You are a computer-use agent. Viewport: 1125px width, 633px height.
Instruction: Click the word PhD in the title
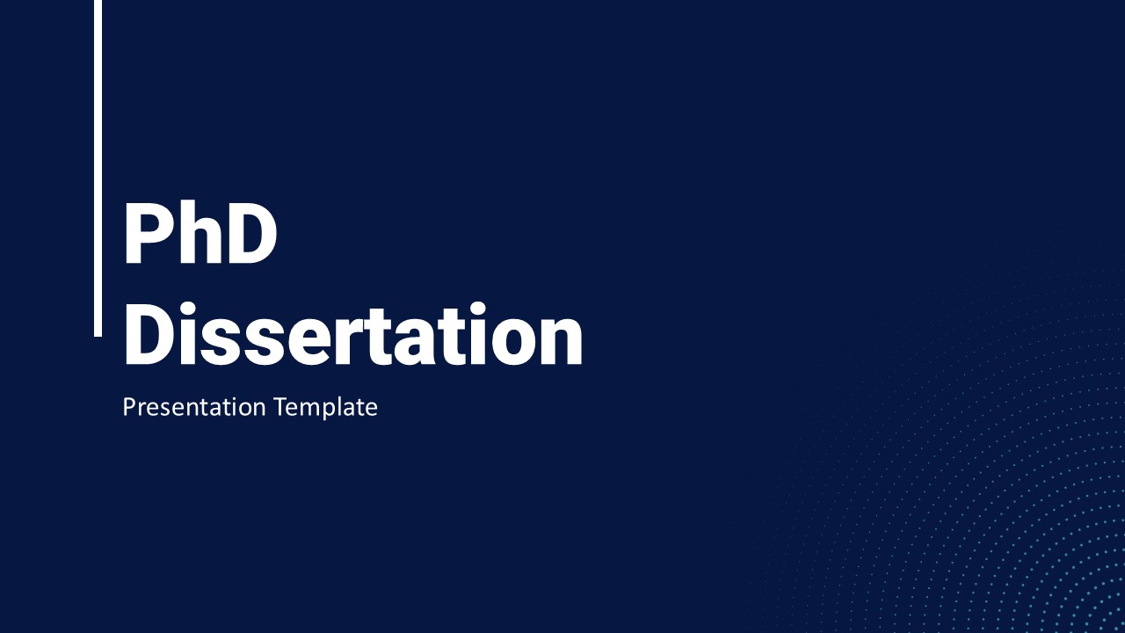pyautogui.click(x=200, y=233)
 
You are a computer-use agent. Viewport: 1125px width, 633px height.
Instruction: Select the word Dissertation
pyautogui.click(x=353, y=333)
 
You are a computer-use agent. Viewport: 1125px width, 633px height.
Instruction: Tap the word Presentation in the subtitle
pyautogui.click(x=194, y=407)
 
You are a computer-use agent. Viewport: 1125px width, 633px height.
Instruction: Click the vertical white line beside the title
pyautogui.click(x=98, y=168)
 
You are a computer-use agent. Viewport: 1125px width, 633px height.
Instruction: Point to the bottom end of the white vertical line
pyautogui.click(x=98, y=336)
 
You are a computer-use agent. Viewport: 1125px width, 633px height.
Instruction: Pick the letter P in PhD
pyautogui.click(x=147, y=234)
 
